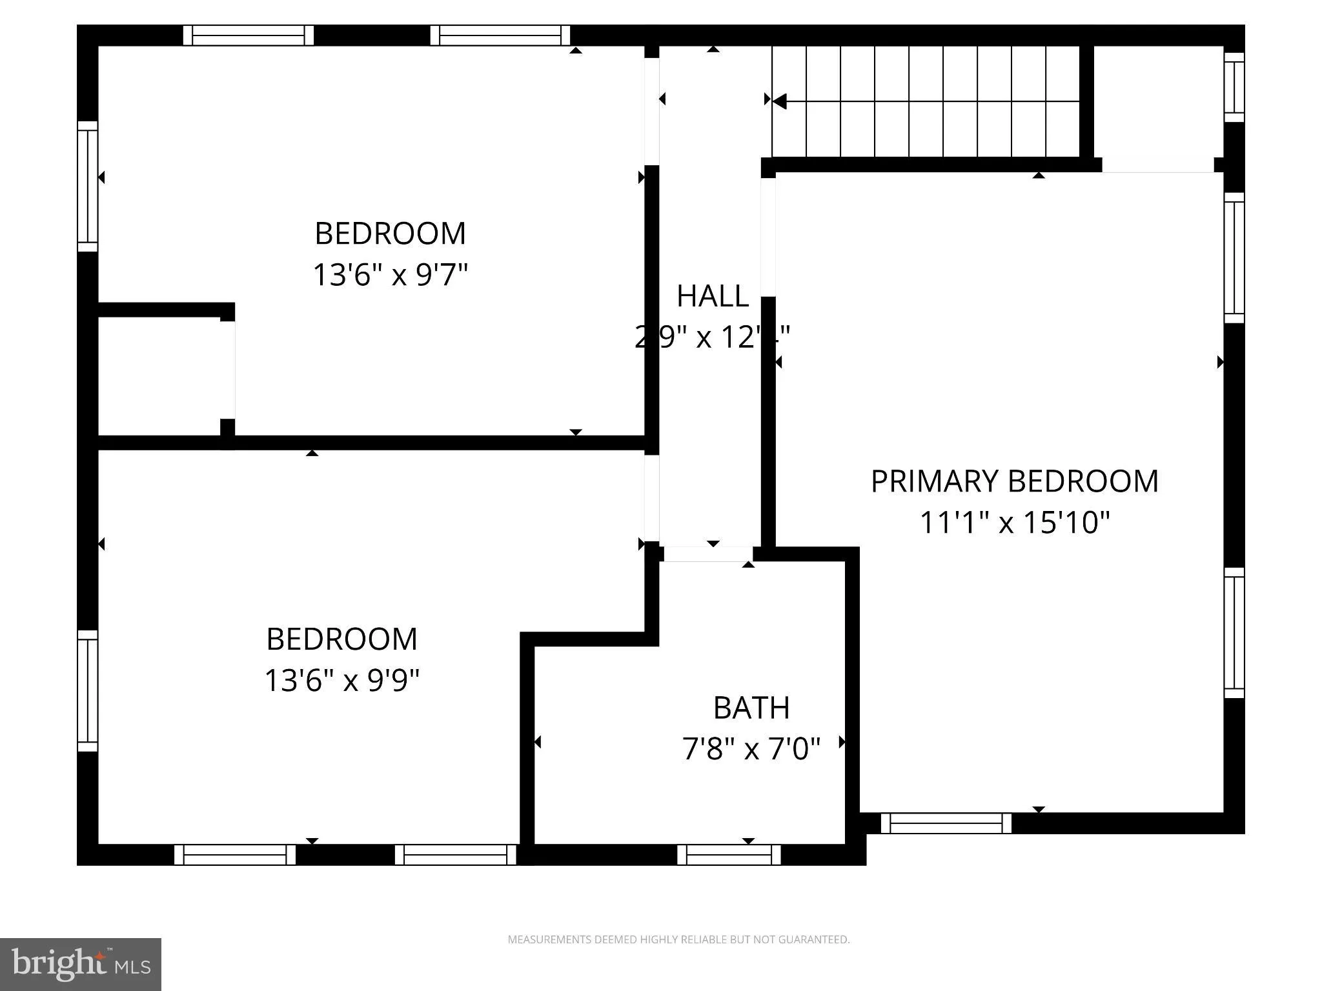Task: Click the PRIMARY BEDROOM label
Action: pos(1014,481)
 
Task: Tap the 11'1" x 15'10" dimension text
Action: pos(1014,522)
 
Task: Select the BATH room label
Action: pos(751,708)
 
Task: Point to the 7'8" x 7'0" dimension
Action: pos(751,749)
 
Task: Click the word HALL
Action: pos(712,296)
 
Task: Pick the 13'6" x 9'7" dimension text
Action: pos(390,274)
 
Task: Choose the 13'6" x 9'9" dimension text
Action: pos(341,680)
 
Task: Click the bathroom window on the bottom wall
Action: pos(729,854)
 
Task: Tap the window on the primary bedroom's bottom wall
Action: pos(946,823)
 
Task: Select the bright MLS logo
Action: pos(81,964)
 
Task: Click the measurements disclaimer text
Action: pos(678,939)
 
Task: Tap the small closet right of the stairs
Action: pos(1158,103)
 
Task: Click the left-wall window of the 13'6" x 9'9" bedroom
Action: pos(88,691)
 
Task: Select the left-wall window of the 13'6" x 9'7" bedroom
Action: pos(88,186)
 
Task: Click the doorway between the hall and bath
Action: pos(707,554)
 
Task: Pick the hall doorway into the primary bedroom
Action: pos(768,237)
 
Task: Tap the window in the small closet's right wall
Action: pos(1234,87)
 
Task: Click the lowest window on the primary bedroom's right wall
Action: pos(1234,633)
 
